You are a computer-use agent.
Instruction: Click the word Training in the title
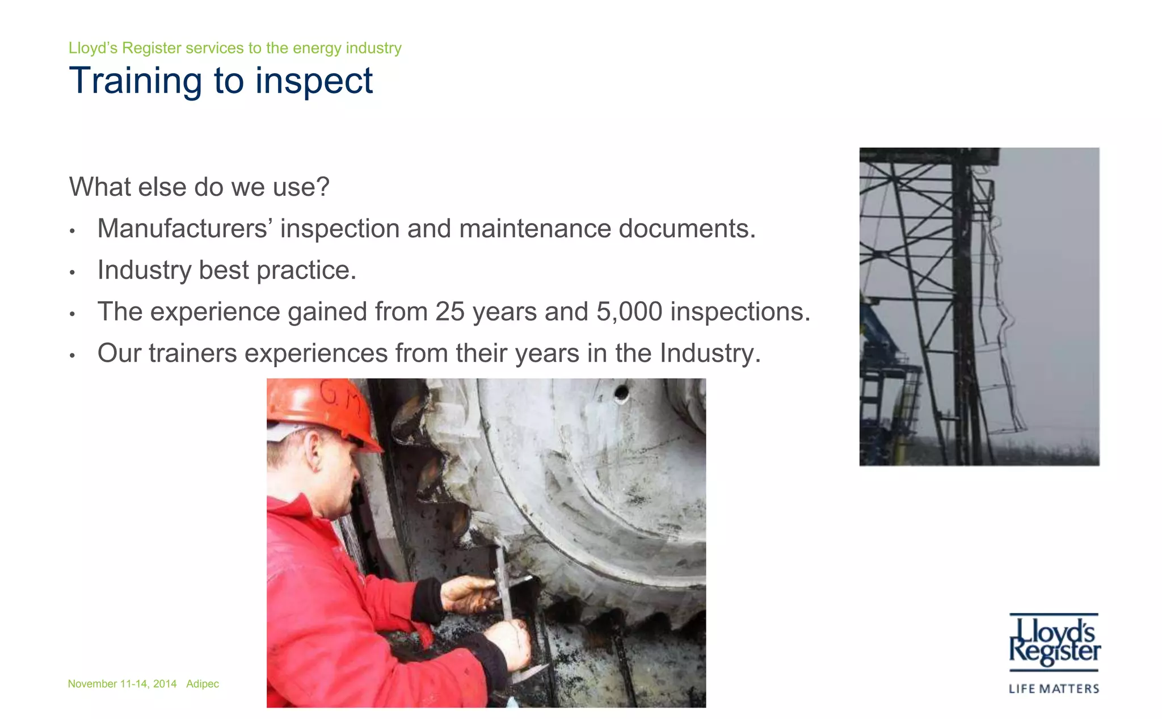[x=135, y=81]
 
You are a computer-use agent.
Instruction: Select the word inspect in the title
[x=314, y=81]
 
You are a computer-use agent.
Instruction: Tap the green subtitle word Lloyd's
[x=93, y=48]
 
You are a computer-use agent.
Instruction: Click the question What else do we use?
[x=199, y=187]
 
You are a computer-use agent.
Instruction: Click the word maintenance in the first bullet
[x=535, y=229]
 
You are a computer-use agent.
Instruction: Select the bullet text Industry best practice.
[x=227, y=270]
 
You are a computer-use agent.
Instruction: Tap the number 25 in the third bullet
[x=451, y=312]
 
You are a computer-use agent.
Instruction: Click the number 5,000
[x=629, y=312]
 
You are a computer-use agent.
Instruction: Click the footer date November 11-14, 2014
[x=122, y=684]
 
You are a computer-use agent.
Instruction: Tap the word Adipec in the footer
[x=203, y=684]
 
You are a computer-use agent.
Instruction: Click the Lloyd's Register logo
[x=1054, y=641]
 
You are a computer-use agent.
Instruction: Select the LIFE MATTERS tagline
[x=1054, y=689]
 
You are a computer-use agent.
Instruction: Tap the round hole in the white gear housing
[x=621, y=392]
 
